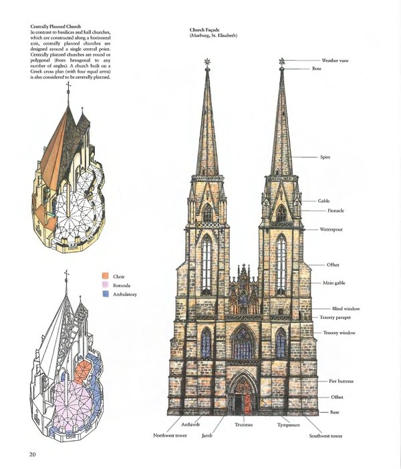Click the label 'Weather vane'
[x=335, y=61]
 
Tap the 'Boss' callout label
[x=317, y=69]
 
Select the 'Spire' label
[x=325, y=157]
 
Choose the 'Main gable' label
[x=333, y=283]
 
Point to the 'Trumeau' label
[x=244, y=424]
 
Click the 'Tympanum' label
[x=289, y=424]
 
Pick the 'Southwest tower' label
[x=325, y=436]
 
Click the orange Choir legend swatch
[x=106, y=276]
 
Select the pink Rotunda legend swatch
[x=106, y=285]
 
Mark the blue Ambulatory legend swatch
[x=106, y=293]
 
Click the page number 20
[x=32, y=455]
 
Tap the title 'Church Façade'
[x=207, y=31]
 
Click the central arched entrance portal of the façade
[x=243, y=398]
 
